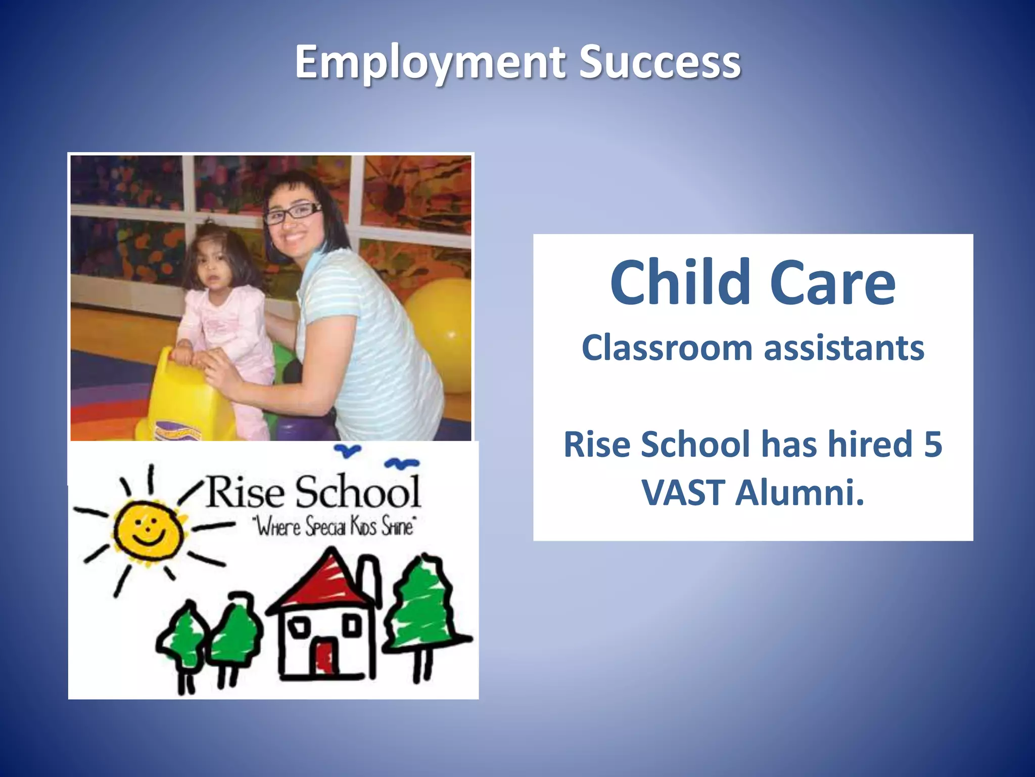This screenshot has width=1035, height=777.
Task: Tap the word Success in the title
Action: (660, 63)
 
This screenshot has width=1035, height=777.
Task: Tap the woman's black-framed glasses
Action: (293, 213)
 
